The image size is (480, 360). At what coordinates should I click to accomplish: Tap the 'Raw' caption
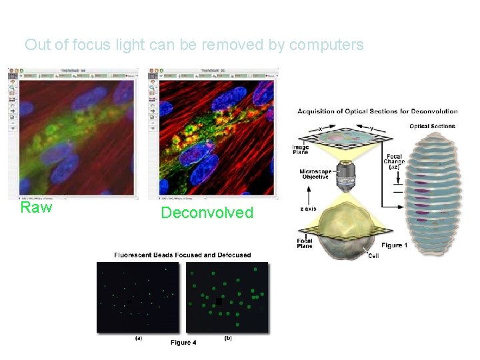point(36,207)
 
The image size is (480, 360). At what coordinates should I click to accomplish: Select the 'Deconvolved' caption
point(207,213)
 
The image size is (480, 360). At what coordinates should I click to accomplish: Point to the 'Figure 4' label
point(183,343)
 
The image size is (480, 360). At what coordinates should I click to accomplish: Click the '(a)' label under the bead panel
point(139,338)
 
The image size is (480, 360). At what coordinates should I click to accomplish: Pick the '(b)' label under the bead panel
point(228,338)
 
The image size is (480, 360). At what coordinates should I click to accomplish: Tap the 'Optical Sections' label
point(433,126)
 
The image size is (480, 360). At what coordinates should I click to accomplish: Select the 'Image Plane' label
point(300,150)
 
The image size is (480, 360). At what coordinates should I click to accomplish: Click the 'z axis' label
point(307,209)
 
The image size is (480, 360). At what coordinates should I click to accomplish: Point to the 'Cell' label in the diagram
point(373,256)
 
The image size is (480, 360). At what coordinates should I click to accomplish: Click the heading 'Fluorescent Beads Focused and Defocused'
point(183,255)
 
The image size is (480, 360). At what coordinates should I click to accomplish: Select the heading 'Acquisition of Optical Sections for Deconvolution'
point(377,111)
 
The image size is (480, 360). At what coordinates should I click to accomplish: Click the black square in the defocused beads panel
point(219,301)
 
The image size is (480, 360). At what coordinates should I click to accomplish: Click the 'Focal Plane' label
point(304,243)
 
